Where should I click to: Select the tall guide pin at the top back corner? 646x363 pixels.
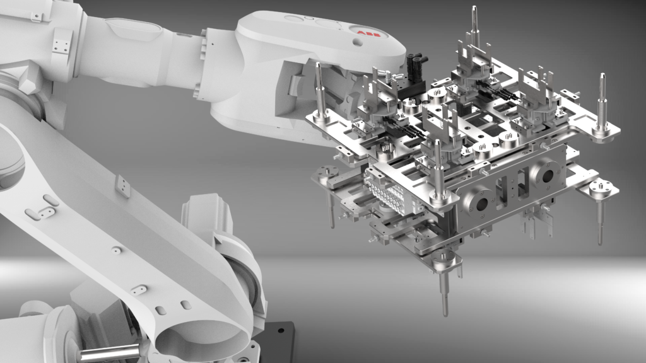pyautogui.click(x=474, y=28)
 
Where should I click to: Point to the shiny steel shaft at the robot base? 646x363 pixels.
pyautogui.click(x=110, y=354)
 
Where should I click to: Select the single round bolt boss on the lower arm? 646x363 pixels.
pyautogui.click(x=115, y=250)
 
